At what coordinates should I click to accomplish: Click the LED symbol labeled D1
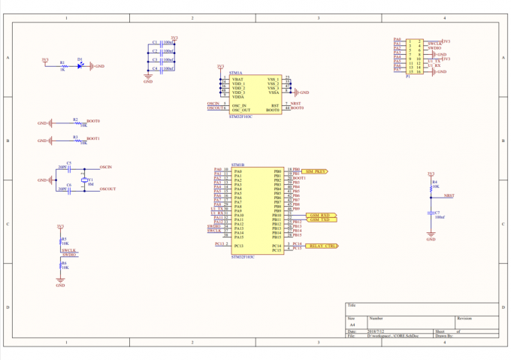(x=80, y=65)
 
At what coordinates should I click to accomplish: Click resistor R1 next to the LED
(x=62, y=66)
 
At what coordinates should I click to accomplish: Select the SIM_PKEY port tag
(x=315, y=171)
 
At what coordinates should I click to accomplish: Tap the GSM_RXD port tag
(x=319, y=215)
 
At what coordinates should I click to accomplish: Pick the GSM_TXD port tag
(x=319, y=219)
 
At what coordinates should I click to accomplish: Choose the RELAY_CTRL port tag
(x=321, y=246)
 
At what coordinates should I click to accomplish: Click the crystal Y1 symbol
(x=84, y=180)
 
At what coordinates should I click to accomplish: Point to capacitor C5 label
(x=68, y=162)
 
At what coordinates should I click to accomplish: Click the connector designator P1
(x=408, y=76)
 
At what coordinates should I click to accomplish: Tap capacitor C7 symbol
(x=431, y=213)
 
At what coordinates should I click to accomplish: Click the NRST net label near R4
(x=449, y=195)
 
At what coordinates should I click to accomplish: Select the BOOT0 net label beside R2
(x=93, y=120)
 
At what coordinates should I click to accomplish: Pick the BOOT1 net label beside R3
(x=93, y=138)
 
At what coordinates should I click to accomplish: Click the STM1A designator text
(x=236, y=73)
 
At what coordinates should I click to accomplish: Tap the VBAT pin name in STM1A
(x=238, y=79)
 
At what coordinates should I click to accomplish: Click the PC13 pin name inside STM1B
(x=239, y=245)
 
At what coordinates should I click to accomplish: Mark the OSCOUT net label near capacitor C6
(x=107, y=189)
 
